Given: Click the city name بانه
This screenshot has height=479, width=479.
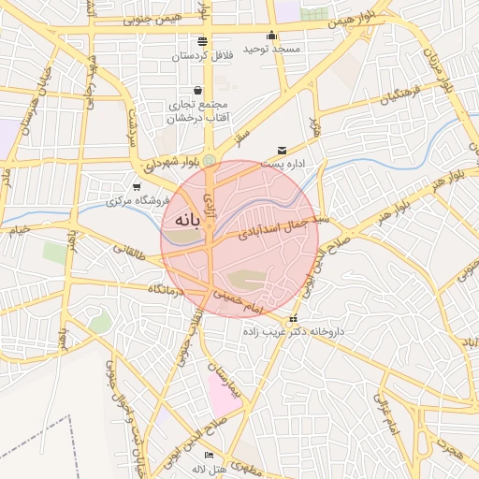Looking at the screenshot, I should coord(182,222).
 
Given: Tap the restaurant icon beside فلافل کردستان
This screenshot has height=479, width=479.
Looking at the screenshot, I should coord(203,41).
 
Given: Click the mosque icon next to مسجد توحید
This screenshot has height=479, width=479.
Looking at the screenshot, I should coord(271,36).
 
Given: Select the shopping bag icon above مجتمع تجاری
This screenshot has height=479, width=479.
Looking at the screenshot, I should coord(197,90).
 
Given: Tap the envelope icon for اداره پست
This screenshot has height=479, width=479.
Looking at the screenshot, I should coord(283,151).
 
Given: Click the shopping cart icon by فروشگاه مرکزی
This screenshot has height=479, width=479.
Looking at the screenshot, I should coord(138,187).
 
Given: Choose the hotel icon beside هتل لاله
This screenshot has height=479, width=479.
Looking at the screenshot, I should coord(209,455).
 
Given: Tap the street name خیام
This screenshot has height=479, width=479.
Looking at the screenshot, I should coord(21,228).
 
